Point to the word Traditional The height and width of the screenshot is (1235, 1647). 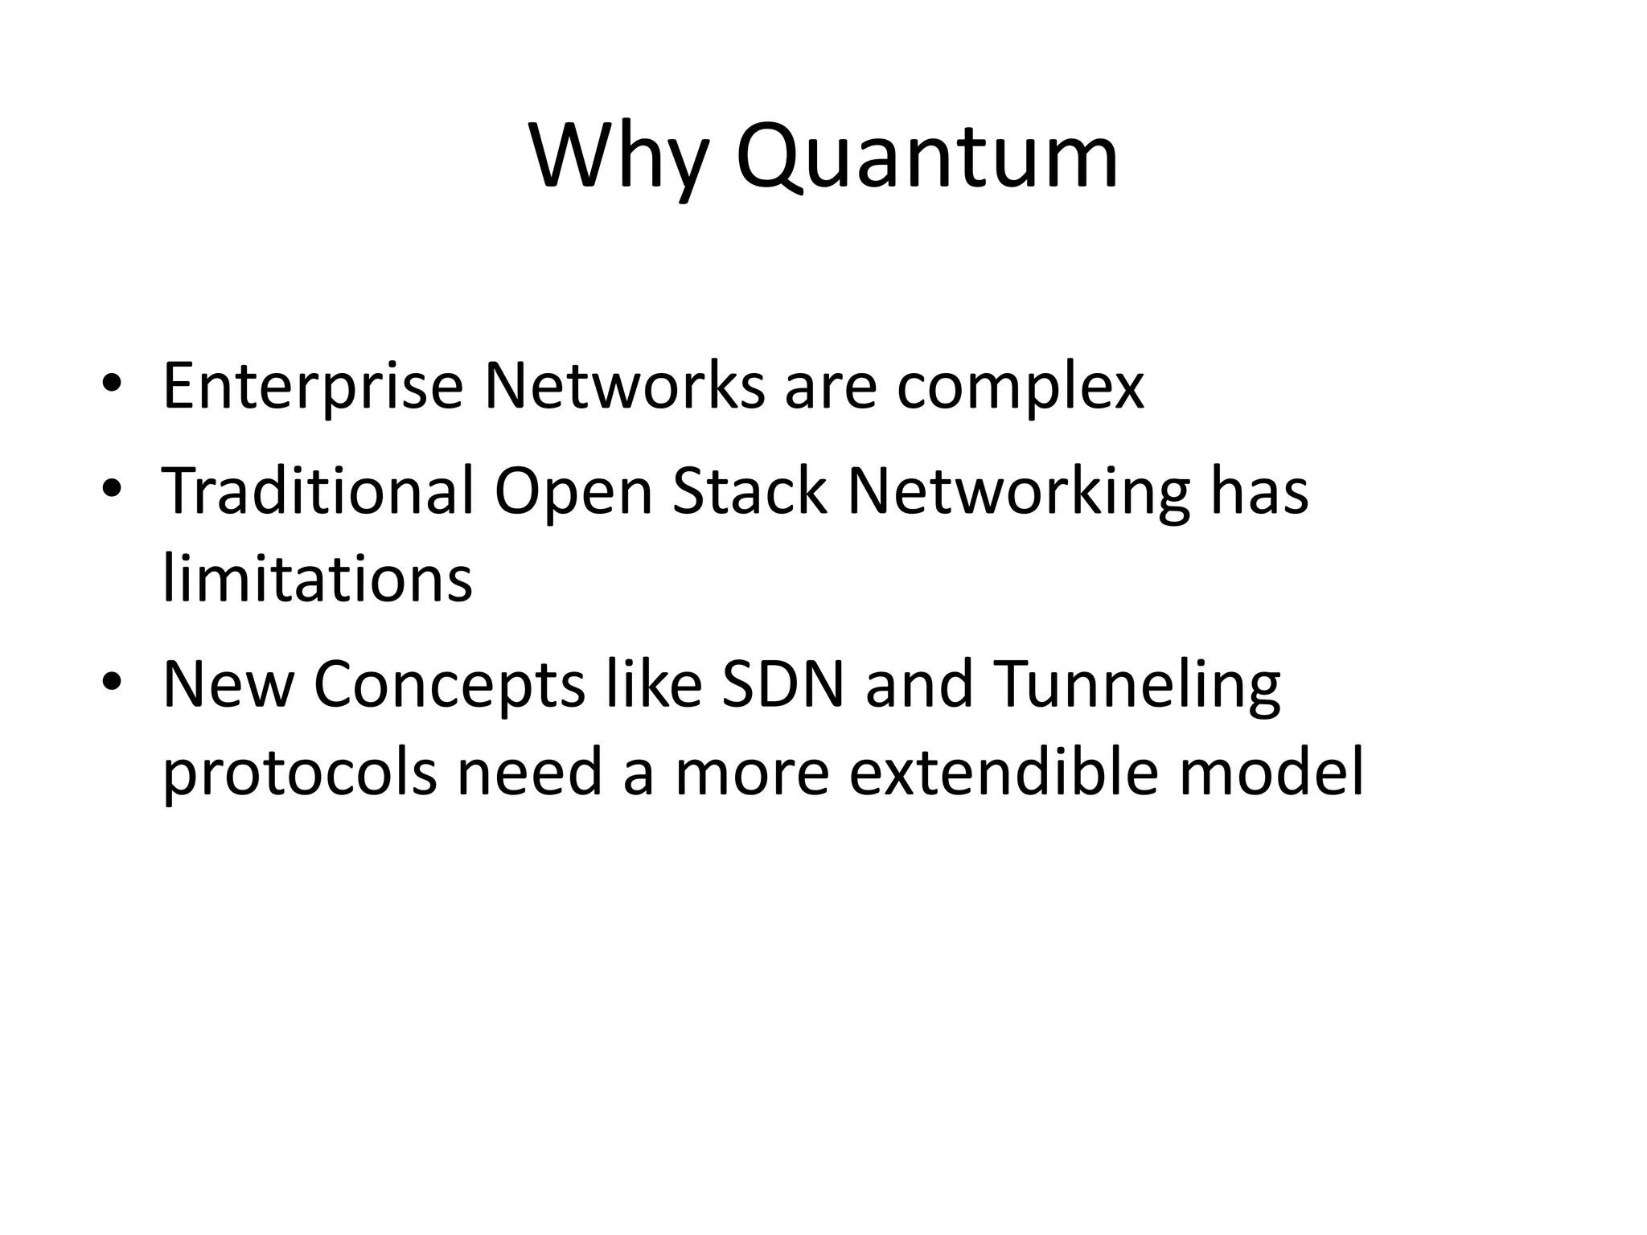(x=318, y=490)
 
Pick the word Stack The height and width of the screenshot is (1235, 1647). (x=749, y=490)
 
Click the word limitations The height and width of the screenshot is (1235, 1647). (x=318, y=579)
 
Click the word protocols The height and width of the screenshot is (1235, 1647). (x=300, y=773)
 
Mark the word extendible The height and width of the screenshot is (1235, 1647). (x=1003, y=773)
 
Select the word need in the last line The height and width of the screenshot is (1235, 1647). (x=529, y=773)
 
